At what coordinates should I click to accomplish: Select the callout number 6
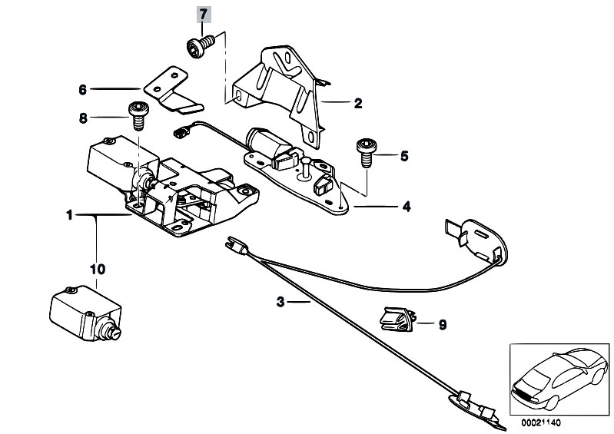pyautogui.click(x=83, y=89)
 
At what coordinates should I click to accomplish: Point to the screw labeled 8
pyautogui.click(x=138, y=117)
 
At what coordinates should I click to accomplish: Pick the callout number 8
pyautogui.click(x=83, y=118)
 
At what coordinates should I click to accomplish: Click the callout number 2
pyautogui.click(x=357, y=102)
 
